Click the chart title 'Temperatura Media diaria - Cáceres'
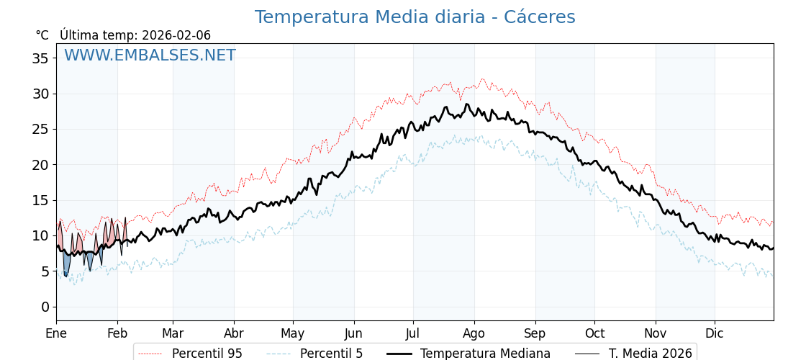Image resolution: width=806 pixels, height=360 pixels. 415,17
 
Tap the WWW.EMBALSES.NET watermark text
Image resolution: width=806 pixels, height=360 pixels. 150,55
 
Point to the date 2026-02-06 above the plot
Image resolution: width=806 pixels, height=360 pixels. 176,35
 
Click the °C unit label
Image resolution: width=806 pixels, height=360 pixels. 42,35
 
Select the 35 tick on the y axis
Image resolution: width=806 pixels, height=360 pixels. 40,58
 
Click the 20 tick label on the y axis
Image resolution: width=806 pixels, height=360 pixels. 40,165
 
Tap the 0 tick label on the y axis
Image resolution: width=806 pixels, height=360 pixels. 45,307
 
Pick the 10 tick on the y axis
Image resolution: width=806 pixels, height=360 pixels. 40,235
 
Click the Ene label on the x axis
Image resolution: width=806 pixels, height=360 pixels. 56,334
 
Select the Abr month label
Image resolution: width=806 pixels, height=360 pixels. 234,334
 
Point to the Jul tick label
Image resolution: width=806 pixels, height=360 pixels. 413,334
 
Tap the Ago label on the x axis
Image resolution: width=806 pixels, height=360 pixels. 474,334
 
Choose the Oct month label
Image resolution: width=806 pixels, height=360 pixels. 594,334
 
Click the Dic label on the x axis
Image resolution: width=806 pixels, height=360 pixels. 715,334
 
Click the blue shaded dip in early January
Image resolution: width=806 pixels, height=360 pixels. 66,264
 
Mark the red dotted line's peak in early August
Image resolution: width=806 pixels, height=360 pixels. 482,80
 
